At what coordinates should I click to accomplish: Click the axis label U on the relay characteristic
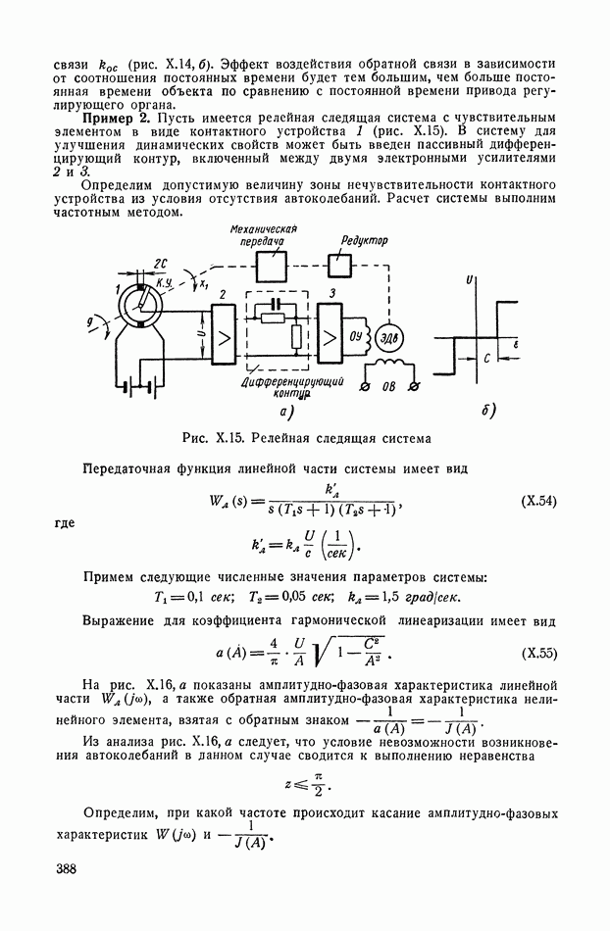pyautogui.click(x=471, y=280)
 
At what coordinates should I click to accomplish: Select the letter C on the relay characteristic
pyautogui.click(x=486, y=360)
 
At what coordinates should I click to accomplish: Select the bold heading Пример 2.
pyautogui.click(x=115, y=118)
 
